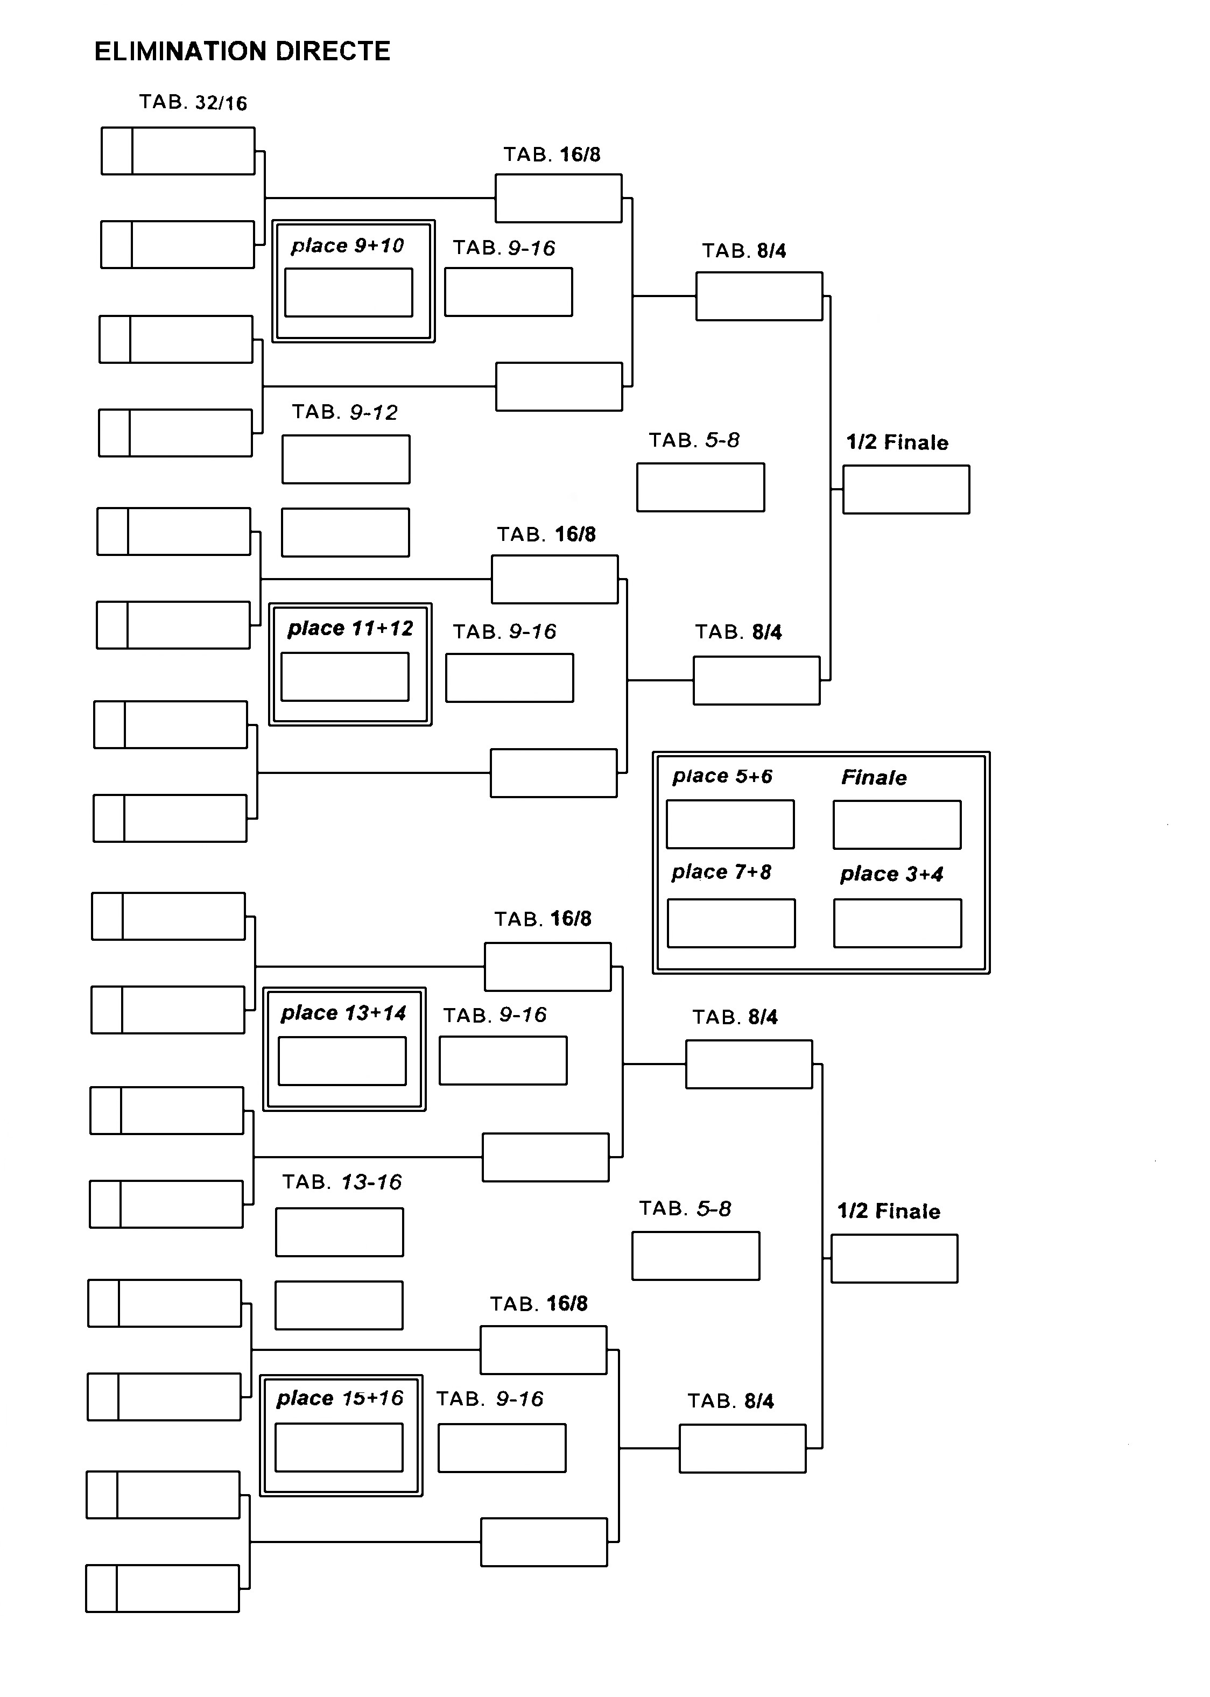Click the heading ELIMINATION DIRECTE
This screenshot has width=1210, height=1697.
coord(242,52)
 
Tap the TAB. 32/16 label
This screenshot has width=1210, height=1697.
coord(193,102)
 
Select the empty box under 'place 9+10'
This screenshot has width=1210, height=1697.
coord(349,293)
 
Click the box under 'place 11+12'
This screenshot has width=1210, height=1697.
coord(345,677)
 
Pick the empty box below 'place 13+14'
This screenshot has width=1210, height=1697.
coord(342,1061)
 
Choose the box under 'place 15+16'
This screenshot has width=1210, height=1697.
coord(339,1447)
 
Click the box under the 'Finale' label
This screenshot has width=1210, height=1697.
coord(897,825)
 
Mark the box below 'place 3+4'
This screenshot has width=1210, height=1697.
coord(898,923)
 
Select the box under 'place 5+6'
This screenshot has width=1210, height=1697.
coord(730,824)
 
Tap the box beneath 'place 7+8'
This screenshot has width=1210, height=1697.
coord(731,923)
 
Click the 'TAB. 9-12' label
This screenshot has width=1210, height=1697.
coord(345,412)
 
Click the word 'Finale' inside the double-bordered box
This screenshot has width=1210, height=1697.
coord(874,778)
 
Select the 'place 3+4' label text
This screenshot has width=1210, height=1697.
coord(892,874)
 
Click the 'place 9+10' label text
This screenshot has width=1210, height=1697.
coord(347,246)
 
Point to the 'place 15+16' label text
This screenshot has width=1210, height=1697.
coord(340,1398)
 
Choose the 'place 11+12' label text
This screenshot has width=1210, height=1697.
coord(350,629)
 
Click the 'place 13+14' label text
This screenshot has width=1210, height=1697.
coord(343,1013)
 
